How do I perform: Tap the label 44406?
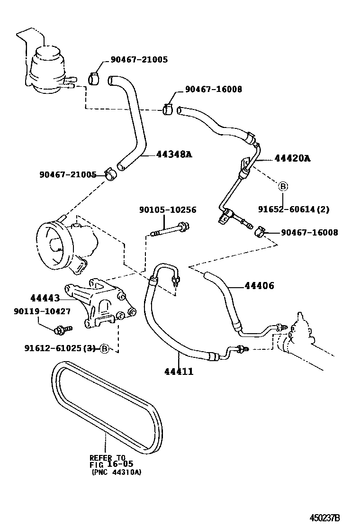(x=259, y=286)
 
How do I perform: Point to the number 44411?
(x=179, y=371)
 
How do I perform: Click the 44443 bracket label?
(x=45, y=298)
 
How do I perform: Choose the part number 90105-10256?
(x=168, y=210)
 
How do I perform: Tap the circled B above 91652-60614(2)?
(x=282, y=186)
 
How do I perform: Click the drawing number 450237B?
(x=325, y=518)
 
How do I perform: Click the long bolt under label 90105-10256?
(x=169, y=232)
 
